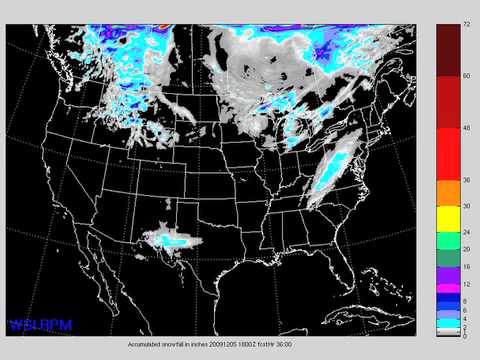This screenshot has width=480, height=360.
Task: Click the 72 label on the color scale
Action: [466, 22]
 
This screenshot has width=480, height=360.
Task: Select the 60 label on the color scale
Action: [466, 76]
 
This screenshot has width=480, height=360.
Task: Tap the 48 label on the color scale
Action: [466, 128]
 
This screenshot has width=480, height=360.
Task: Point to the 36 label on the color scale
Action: [466, 180]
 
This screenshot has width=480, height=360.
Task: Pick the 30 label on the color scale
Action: [466, 206]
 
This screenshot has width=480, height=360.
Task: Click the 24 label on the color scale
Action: [466, 232]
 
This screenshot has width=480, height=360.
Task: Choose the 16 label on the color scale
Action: [466, 267]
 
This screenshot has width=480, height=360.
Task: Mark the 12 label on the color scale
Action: [466, 284]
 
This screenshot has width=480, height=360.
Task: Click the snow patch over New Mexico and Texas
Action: [170, 239]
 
